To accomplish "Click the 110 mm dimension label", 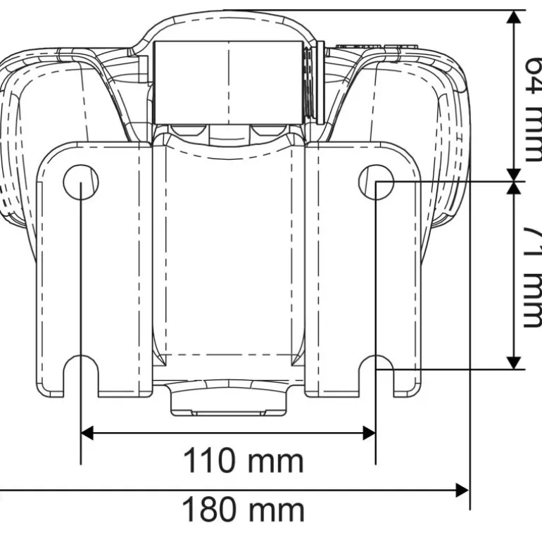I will point(243,462).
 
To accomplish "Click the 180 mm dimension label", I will point(243,509).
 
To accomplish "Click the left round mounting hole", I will point(81,182).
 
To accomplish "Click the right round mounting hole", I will point(376,182).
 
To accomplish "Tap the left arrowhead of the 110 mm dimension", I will point(88,432).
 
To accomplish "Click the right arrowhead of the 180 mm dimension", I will point(462,489).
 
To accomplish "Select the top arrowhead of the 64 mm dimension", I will point(515,18).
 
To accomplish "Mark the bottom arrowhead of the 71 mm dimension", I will point(515,361).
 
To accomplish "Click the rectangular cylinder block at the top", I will point(229,80).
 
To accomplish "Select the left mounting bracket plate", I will point(95,267).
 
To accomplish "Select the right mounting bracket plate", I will point(363,267).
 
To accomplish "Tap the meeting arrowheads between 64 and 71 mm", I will point(515,181).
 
